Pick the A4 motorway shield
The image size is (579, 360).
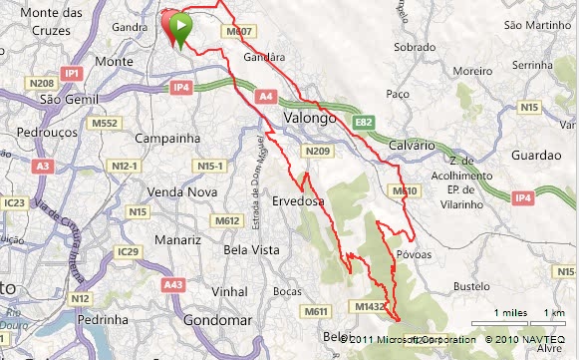coord(264,97)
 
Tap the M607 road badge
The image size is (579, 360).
coord(241,32)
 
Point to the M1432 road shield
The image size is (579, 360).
coord(367,307)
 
